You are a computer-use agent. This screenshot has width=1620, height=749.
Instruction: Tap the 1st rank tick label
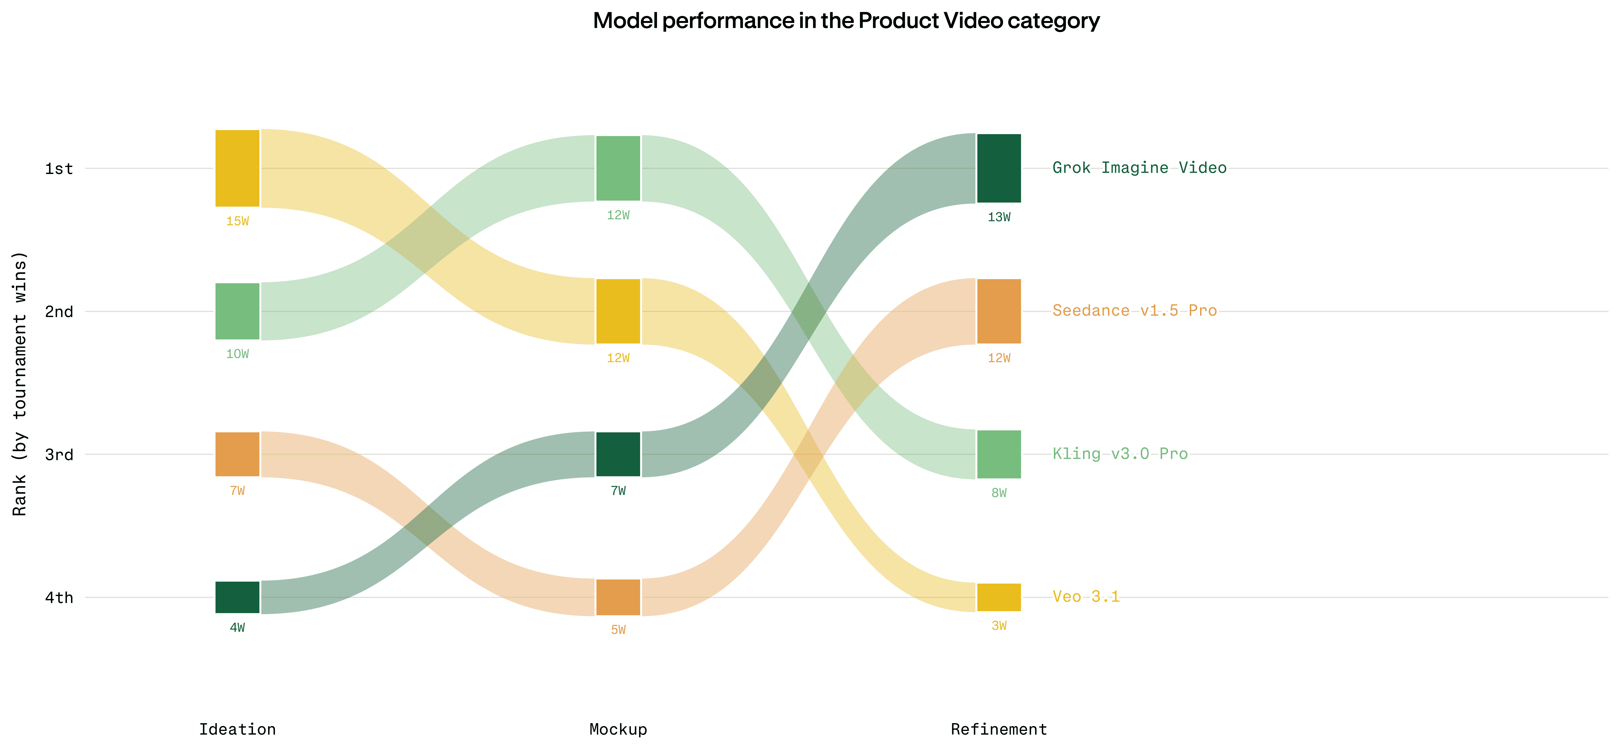point(59,169)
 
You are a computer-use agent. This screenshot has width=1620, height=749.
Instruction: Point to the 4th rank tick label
point(59,597)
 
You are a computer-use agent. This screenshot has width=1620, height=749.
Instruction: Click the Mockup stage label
point(618,730)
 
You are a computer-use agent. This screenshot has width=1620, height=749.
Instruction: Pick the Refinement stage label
point(999,730)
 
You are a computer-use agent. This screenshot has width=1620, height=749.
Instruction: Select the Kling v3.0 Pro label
point(1120,454)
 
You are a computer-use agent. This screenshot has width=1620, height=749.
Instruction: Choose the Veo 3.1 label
point(1086,597)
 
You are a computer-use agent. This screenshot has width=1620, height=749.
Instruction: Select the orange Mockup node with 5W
point(618,597)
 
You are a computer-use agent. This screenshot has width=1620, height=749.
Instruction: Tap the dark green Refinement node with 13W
point(999,168)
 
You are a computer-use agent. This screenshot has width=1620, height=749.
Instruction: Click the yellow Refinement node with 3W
point(999,597)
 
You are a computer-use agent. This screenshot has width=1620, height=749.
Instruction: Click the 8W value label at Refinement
point(999,493)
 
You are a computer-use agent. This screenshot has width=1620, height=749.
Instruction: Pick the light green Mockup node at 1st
point(618,168)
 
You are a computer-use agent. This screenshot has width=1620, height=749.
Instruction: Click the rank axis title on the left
point(19,384)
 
